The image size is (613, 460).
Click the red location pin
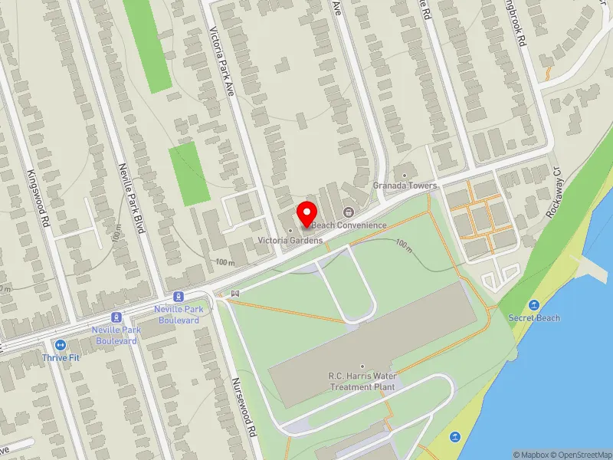pyautogui.click(x=307, y=214)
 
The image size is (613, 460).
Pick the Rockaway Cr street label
pyautogui.click(x=554, y=195)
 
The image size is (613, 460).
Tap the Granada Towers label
pyautogui.click(x=405, y=186)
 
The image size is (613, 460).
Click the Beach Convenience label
pyautogui.click(x=349, y=224)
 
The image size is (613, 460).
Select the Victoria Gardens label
pyautogui.click(x=290, y=240)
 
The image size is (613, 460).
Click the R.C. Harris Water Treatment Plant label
pyautogui.click(x=362, y=381)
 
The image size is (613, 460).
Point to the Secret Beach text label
pyautogui.click(x=534, y=317)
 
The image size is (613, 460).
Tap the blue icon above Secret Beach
pyautogui.click(x=534, y=304)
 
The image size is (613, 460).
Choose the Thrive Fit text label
pyautogui.click(x=61, y=358)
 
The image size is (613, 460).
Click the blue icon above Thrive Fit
pyautogui.click(x=61, y=345)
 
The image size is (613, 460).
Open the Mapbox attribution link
pyautogui.click(x=532, y=454)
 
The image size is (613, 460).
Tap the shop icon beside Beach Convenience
pyautogui.click(x=348, y=212)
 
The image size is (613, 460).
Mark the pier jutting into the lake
pyautogui.click(x=593, y=265)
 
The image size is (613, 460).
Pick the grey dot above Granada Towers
pyautogui.click(x=405, y=174)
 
